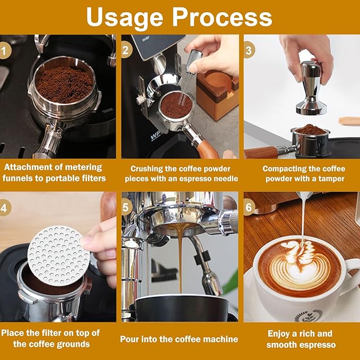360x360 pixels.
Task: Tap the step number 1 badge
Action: point(6,51)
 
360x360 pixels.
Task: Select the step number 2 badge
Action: point(126,51)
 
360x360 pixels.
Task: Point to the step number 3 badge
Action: point(249,51)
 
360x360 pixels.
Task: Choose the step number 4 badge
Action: point(6,208)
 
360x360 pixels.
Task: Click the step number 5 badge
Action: point(126,208)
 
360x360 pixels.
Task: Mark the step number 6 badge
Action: point(249,208)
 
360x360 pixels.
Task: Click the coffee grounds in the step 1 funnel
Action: point(64,84)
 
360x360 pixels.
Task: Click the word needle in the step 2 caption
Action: point(221,179)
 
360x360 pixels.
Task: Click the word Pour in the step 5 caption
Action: point(130,339)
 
